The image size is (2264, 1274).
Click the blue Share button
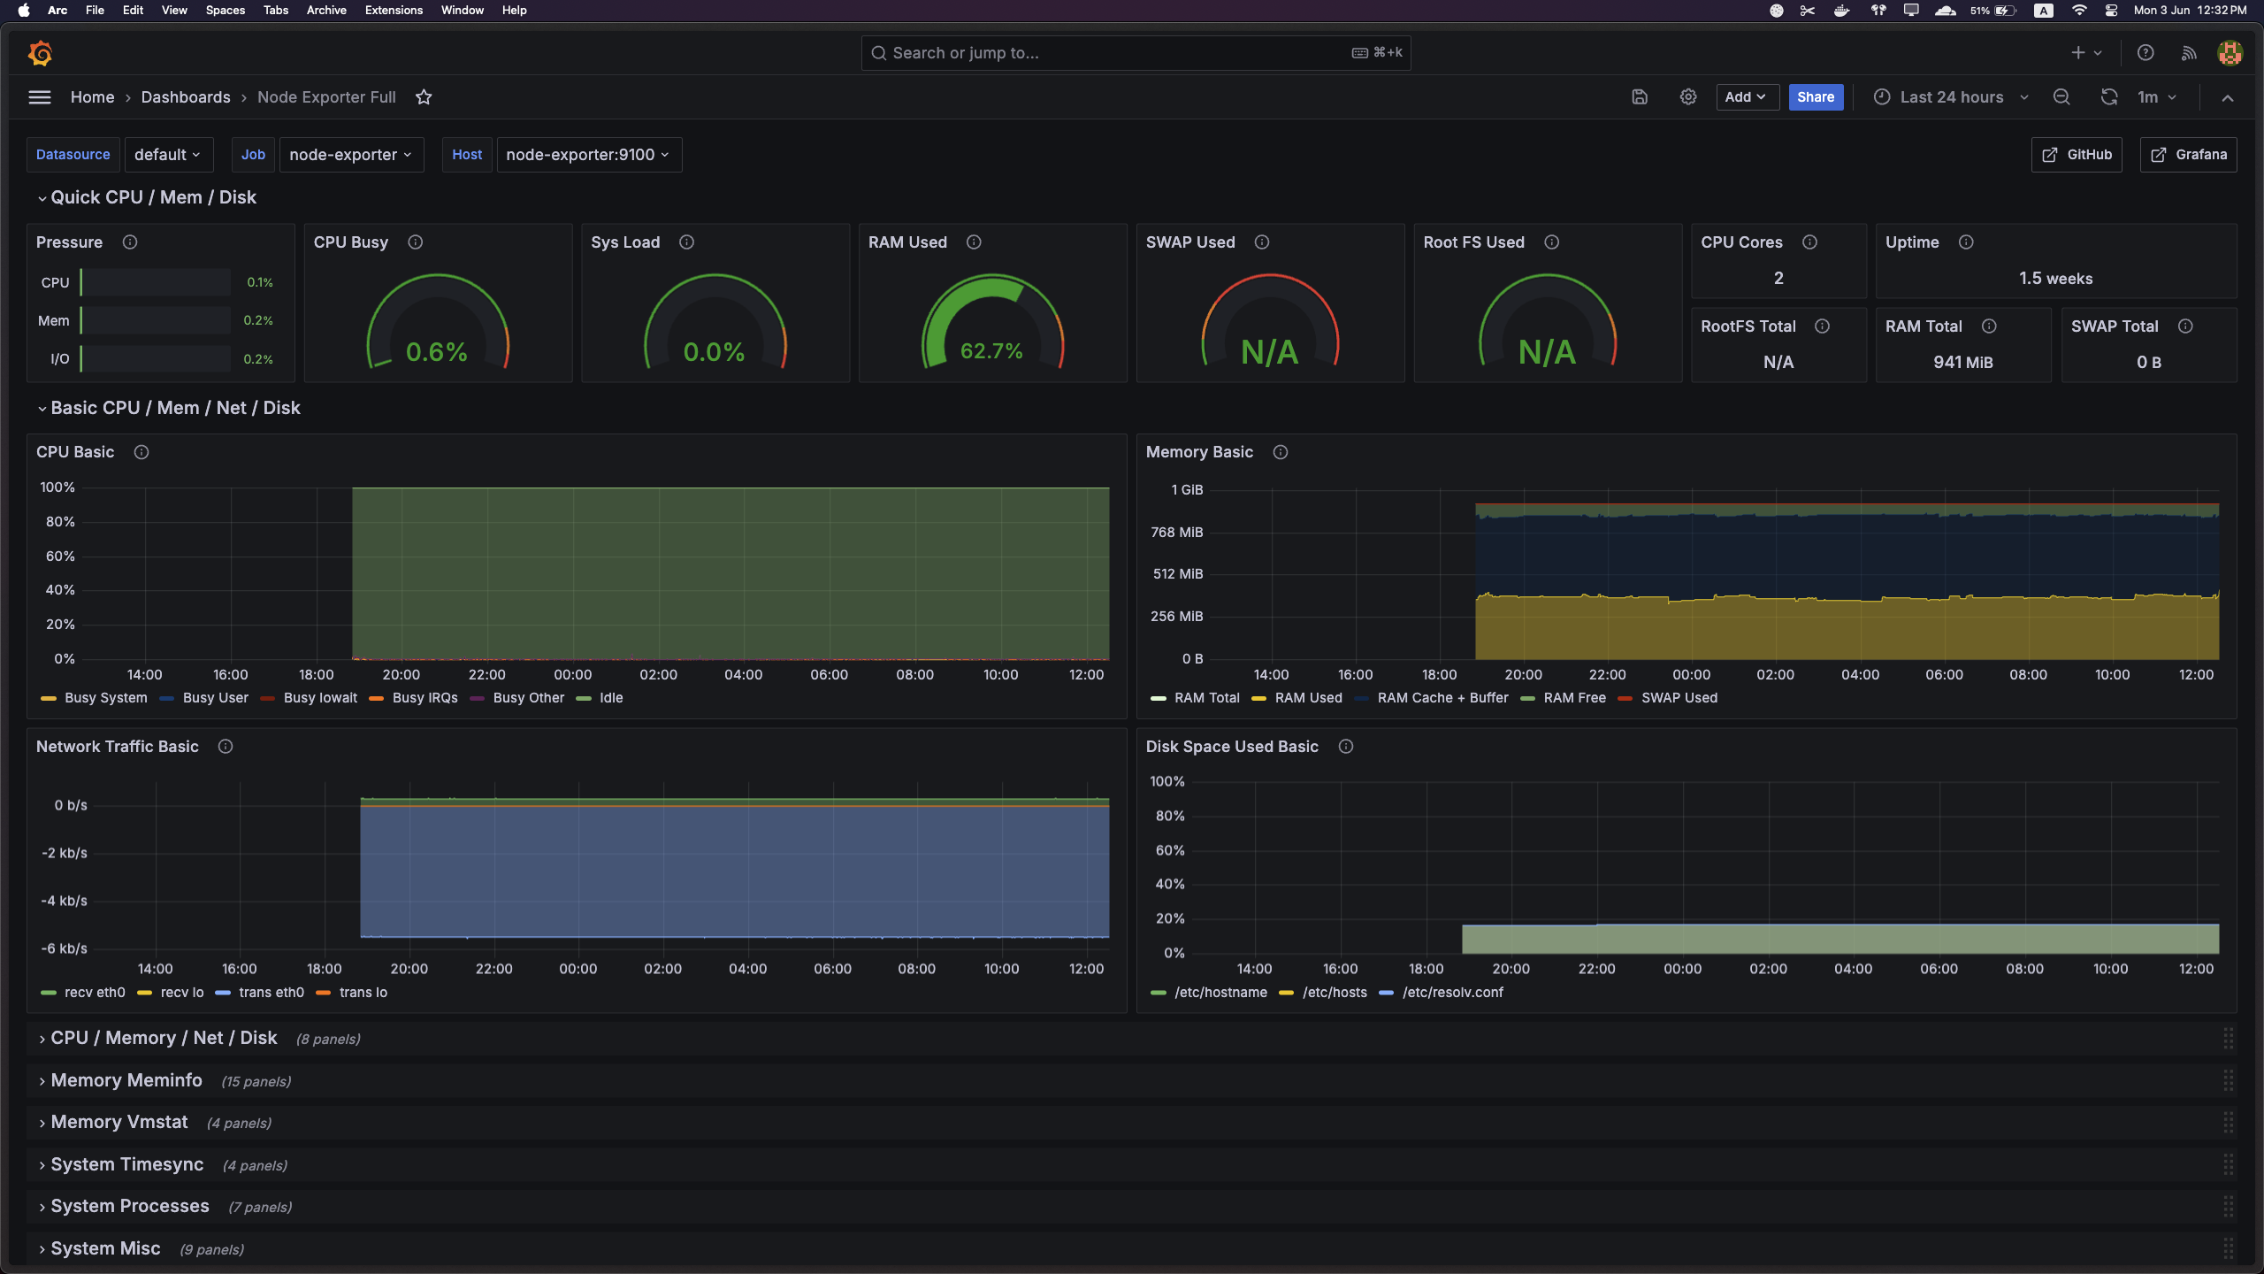(1815, 97)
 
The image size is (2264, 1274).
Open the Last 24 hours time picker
(1951, 97)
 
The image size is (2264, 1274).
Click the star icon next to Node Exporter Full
(424, 97)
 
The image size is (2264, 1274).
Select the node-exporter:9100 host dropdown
(588, 155)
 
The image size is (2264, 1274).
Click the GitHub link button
(2077, 155)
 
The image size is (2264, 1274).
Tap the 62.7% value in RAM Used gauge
(991, 351)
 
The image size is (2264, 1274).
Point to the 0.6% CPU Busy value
(436, 352)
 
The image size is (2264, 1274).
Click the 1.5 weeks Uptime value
(2055, 279)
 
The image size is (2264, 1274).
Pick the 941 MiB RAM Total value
(1962, 363)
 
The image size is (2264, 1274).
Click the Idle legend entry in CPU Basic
(610, 698)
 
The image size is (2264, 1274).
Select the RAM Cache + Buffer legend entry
(1442, 698)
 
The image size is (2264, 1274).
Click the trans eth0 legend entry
(271, 993)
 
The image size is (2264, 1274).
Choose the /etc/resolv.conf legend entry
(1452, 993)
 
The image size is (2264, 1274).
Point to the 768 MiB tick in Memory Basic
(1176, 533)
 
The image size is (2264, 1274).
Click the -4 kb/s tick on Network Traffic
(64, 902)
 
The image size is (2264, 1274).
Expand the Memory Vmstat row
(119, 1123)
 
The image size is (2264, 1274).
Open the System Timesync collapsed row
(126, 1165)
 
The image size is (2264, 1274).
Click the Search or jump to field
(1114, 53)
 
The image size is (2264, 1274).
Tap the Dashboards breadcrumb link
(186, 97)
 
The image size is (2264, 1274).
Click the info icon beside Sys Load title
(686, 242)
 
